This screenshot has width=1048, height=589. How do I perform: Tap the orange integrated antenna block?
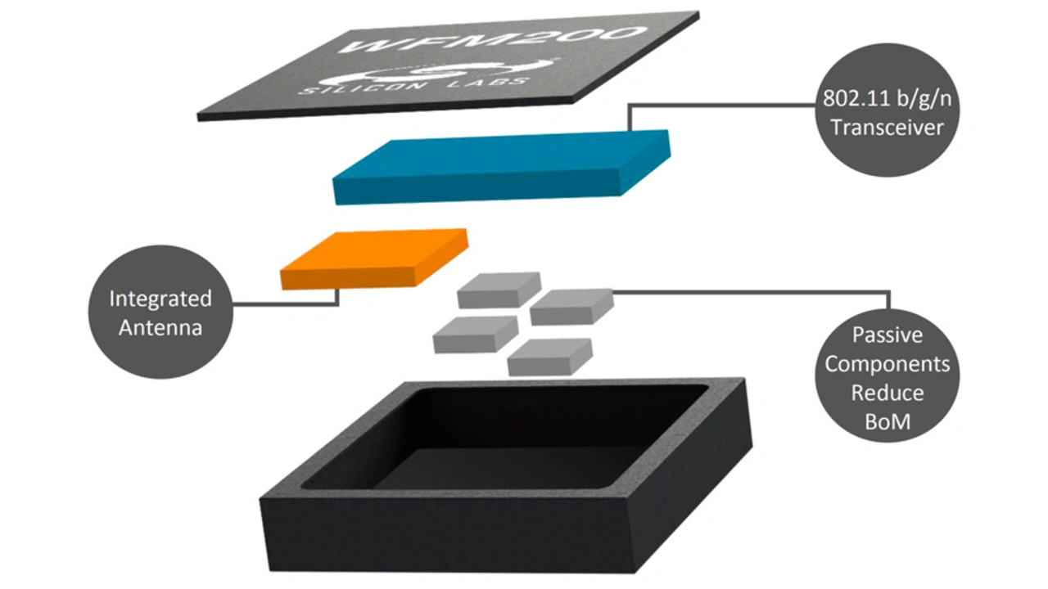pos(373,258)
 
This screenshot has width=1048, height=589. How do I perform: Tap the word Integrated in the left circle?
pos(160,299)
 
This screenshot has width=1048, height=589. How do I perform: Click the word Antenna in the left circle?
pos(160,327)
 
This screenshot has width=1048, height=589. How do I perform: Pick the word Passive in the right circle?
pos(887,335)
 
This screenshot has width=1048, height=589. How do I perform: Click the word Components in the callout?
pos(887,363)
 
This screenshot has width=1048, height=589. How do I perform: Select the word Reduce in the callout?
pos(887,392)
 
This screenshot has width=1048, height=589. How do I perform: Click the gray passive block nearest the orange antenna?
pos(498,290)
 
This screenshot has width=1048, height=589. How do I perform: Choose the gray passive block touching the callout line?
pos(571,306)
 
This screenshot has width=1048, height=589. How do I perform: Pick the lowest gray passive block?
pos(549,356)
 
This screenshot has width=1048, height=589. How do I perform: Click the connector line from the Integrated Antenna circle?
pos(287,305)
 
